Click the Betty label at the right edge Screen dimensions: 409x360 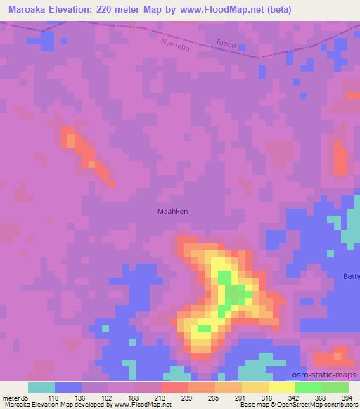pos(350,276)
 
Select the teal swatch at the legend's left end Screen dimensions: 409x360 pos(41,387)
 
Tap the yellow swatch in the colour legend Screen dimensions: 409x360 pos(281,387)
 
